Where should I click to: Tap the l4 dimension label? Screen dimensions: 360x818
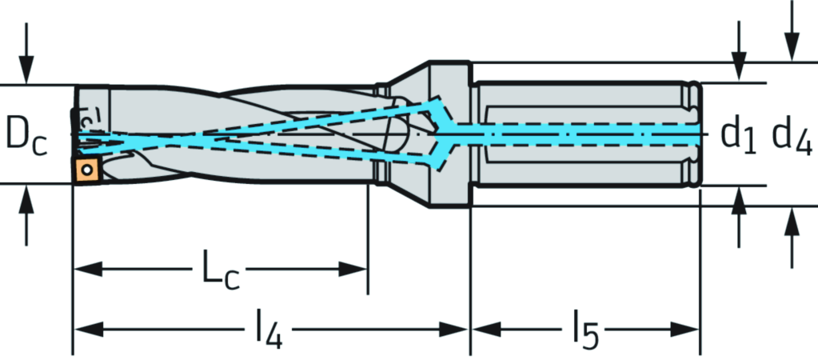[269, 330]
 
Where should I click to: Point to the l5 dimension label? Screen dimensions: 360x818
[585, 330]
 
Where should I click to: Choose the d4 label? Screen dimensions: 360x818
[792, 134]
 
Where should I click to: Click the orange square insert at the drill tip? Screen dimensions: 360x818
[86, 170]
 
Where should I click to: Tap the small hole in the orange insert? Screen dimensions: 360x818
[86, 170]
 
